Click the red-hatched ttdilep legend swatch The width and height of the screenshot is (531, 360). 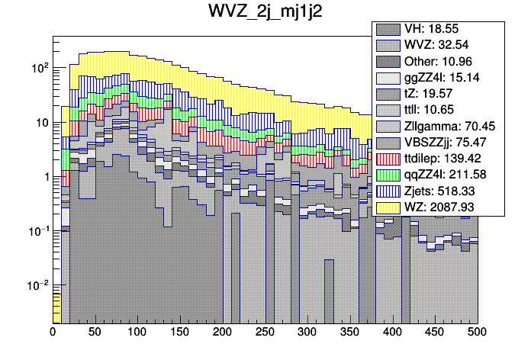pyautogui.click(x=388, y=158)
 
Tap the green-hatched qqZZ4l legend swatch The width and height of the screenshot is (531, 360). pyautogui.click(x=388, y=174)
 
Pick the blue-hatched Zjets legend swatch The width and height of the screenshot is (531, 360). pyautogui.click(x=388, y=191)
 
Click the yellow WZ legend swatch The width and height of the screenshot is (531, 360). pyautogui.click(x=388, y=207)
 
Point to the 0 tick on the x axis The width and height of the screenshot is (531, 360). pyautogui.click(x=53, y=333)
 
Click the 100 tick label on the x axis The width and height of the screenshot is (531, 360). pyautogui.click(x=137, y=333)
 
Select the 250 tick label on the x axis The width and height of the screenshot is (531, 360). pyautogui.click(x=265, y=333)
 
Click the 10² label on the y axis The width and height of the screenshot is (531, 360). pyautogui.click(x=39, y=68)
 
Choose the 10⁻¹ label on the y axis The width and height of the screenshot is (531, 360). pyautogui.click(x=37, y=230)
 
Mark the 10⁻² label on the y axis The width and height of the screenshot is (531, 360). pyautogui.click(x=37, y=284)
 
